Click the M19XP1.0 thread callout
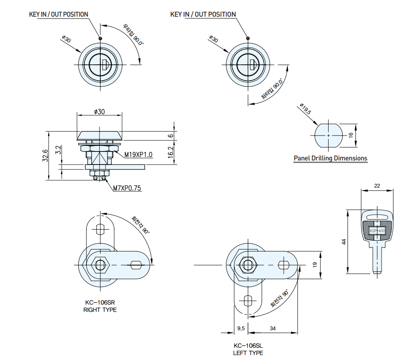(x=138, y=155)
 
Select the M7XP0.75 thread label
(x=127, y=188)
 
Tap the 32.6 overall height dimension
(x=45, y=156)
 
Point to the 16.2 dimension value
(x=171, y=152)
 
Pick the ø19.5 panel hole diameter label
(x=305, y=109)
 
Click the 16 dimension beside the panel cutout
(x=351, y=135)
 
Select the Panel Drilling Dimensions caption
(x=331, y=158)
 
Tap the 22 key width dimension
(x=377, y=186)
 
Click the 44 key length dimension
(x=344, y=241)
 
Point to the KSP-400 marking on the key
(x=377, y=231)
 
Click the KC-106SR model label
(x=100, y=303)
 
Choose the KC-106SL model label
(x=248, y=345)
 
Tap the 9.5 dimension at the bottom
(x=241, y=328)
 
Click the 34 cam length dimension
(x=273, y=328)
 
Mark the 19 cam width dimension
(x=315, y=265)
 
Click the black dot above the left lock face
(x=100, y=38)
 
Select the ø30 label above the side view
(x=99, y=112)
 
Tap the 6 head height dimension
(x=171, y=136)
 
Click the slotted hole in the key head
(x=377, y=217)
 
